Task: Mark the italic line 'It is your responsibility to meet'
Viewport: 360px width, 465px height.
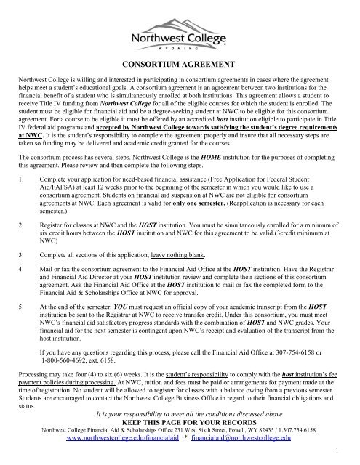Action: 180,417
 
